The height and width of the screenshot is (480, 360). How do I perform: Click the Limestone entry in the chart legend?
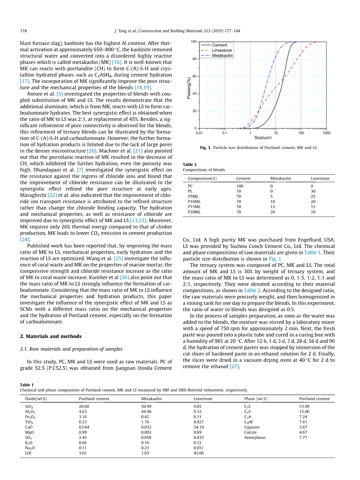(221, 50)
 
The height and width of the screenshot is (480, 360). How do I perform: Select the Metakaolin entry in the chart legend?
(222, 56)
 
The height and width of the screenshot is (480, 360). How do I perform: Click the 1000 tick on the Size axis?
(326, 133)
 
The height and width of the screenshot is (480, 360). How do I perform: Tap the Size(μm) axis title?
(263, 138)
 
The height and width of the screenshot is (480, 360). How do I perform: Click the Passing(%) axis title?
(189, 88)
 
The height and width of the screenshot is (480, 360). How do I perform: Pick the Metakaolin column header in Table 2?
(281, 178)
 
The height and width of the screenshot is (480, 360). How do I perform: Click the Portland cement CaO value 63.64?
(84, 427)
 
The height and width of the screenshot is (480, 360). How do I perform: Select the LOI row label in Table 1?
(28, 453)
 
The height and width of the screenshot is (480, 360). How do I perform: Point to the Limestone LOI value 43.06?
(198, 453)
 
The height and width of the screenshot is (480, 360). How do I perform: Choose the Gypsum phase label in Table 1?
(252, 427)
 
